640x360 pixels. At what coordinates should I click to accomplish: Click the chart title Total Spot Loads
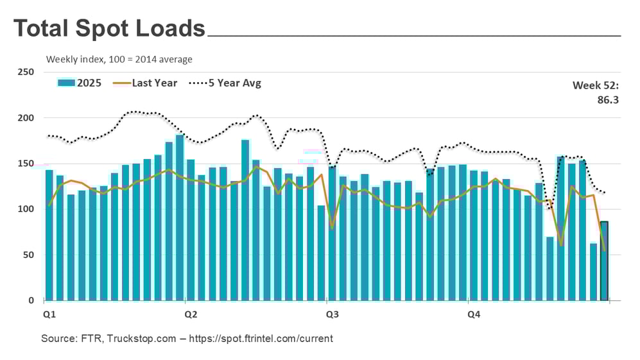(109, 28)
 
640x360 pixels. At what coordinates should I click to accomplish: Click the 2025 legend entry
(80, 83)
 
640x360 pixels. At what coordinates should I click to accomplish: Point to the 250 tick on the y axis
(26, 72)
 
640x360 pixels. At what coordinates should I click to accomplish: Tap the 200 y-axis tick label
(26, 118)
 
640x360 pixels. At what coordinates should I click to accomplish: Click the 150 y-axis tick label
(26, 164)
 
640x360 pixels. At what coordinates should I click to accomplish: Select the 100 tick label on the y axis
(26, 209)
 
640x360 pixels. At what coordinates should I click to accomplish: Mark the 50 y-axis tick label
(28, 255)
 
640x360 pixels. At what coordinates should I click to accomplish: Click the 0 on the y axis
(31, 300)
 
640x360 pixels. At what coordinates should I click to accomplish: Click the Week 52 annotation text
(596, 85)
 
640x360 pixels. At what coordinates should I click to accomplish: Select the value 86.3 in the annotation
(607, 99)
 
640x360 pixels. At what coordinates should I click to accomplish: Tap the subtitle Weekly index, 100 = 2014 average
(119, 59)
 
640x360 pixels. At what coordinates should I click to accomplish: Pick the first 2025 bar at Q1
(49, 235)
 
